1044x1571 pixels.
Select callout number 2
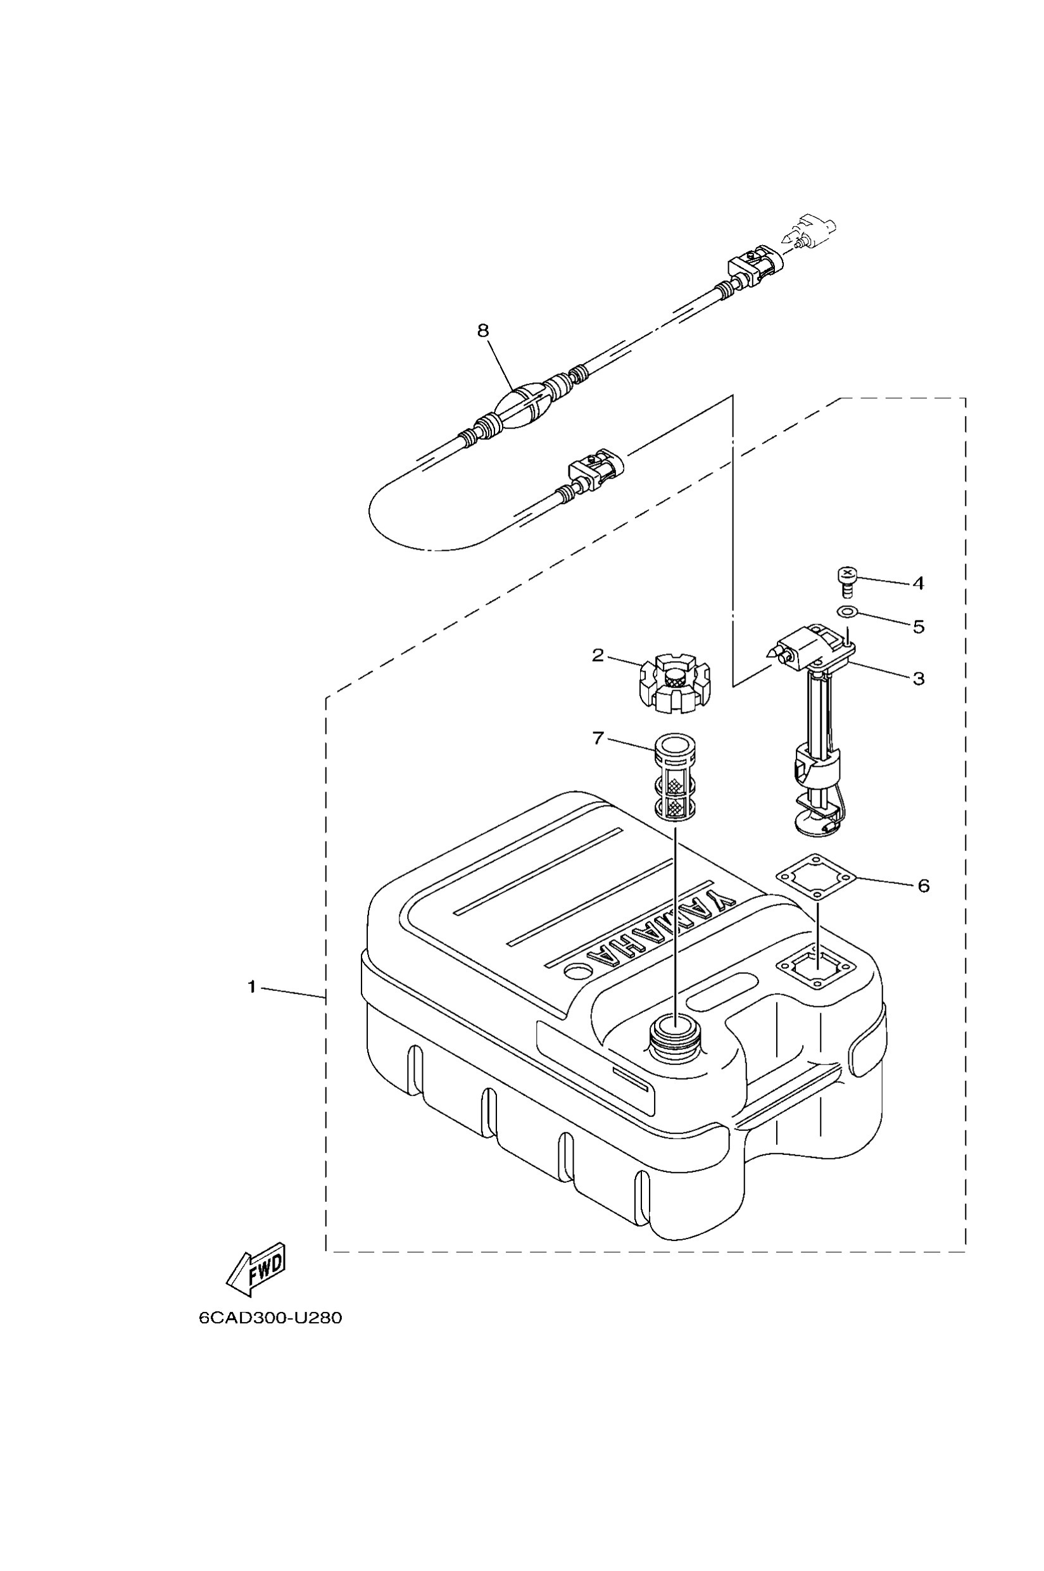pyautogui.click(x=597, y=655)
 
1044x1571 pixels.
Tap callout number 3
pyautogui.click(x=918, y=679)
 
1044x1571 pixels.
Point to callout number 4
pyautogui.click(x=918, y=583)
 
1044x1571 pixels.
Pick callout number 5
pyautogui.click(x=918, y=627)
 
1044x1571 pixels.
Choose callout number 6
pyautogui.click(x=923, y=886)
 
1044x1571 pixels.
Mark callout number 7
pyautogui.click(x=597, y=738)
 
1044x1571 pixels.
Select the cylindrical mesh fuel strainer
pyautogui.click(x=674, y=778)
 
